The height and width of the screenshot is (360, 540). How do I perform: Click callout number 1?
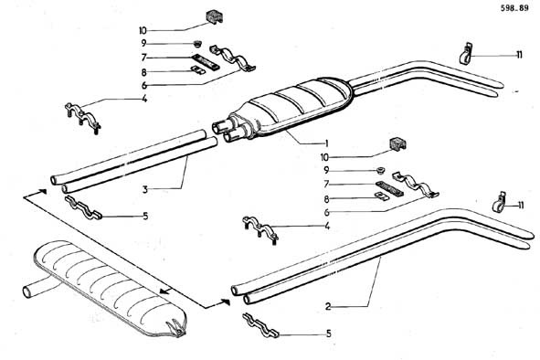coord(326,143)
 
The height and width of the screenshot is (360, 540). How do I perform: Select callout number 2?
coord(328,306)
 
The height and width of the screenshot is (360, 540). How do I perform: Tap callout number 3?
coord(145,189)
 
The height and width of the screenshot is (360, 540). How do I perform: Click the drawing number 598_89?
coord(514,8)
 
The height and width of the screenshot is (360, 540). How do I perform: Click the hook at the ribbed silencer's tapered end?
coord(175,327)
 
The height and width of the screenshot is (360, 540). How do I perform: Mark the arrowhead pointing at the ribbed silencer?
coord(165,291)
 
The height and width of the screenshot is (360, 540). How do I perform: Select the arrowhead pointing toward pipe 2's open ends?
coord(226,302)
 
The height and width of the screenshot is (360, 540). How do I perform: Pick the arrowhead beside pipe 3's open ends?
coord(42,191)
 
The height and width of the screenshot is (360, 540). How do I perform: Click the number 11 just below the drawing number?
coord(519,55)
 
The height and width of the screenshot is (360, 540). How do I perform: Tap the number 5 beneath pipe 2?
coord(329,334)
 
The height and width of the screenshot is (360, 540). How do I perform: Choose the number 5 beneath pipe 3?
coord(145,216)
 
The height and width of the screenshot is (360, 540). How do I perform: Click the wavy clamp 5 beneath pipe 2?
coord(260,325)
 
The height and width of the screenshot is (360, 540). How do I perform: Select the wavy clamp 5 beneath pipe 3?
coord(83,207)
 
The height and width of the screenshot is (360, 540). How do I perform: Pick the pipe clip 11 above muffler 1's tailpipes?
coord(465,53)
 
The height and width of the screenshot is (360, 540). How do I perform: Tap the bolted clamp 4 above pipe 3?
coord(82,116)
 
